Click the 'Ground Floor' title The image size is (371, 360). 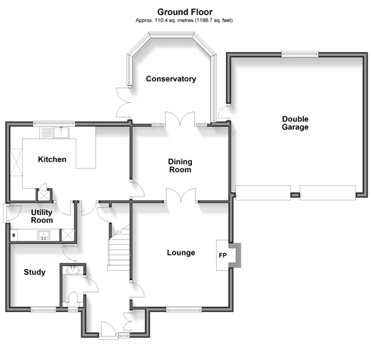click(185, 12)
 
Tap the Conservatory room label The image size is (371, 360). click(171, 79)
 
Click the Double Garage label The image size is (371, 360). click(295, 123)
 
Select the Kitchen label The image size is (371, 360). click(52, 159)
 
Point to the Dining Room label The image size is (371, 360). click(180, 166)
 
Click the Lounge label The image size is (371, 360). click(181, 253)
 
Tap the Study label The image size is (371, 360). click(34, 272)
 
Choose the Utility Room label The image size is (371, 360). click(42, 216)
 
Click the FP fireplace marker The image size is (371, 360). click(223, 256)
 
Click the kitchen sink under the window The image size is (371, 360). click(61, 132)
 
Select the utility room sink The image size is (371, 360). click(44, 235)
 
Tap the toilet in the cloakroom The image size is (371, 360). click(73, 299)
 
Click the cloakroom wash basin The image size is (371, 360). click(73, 270)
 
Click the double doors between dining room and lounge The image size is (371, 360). click(181, 196)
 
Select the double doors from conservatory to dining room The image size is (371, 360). click(181, 119)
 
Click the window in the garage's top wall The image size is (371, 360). click(300, 54)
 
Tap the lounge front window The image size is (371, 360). click(184, 309)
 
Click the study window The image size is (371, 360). click(44, 309)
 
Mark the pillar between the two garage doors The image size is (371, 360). click(295, 195)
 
